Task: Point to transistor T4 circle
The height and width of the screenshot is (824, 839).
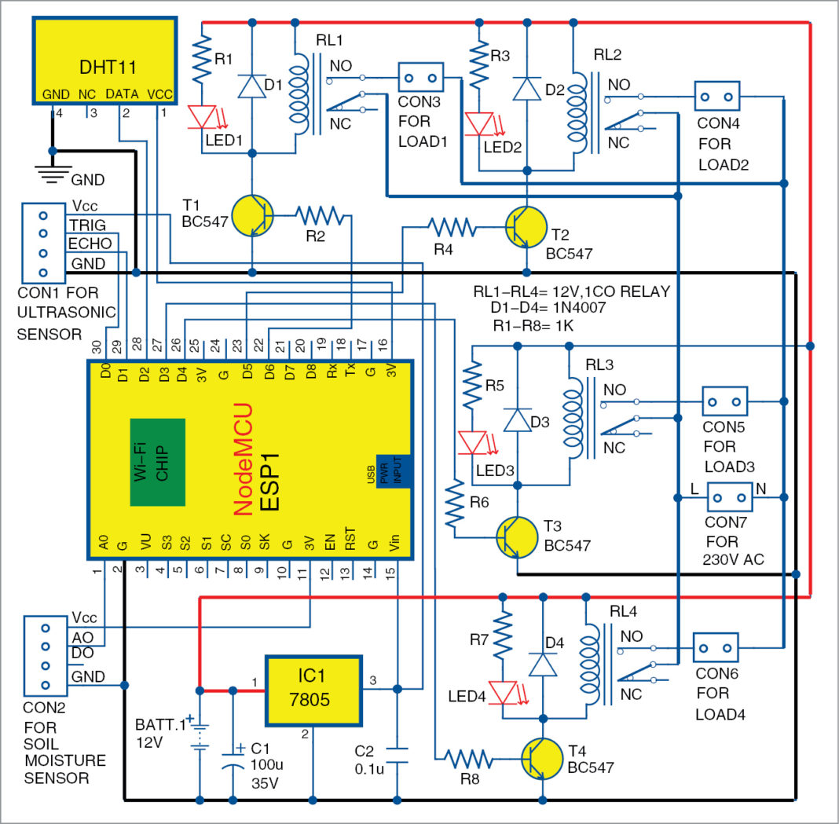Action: tap(543, 760)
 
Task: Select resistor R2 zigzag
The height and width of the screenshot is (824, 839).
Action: tap(320, 214)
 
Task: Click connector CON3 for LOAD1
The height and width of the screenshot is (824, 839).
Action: tap(420, 79)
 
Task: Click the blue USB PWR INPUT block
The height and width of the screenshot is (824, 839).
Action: tap(395, 470)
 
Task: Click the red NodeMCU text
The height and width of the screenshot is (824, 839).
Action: tap(244, 460)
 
